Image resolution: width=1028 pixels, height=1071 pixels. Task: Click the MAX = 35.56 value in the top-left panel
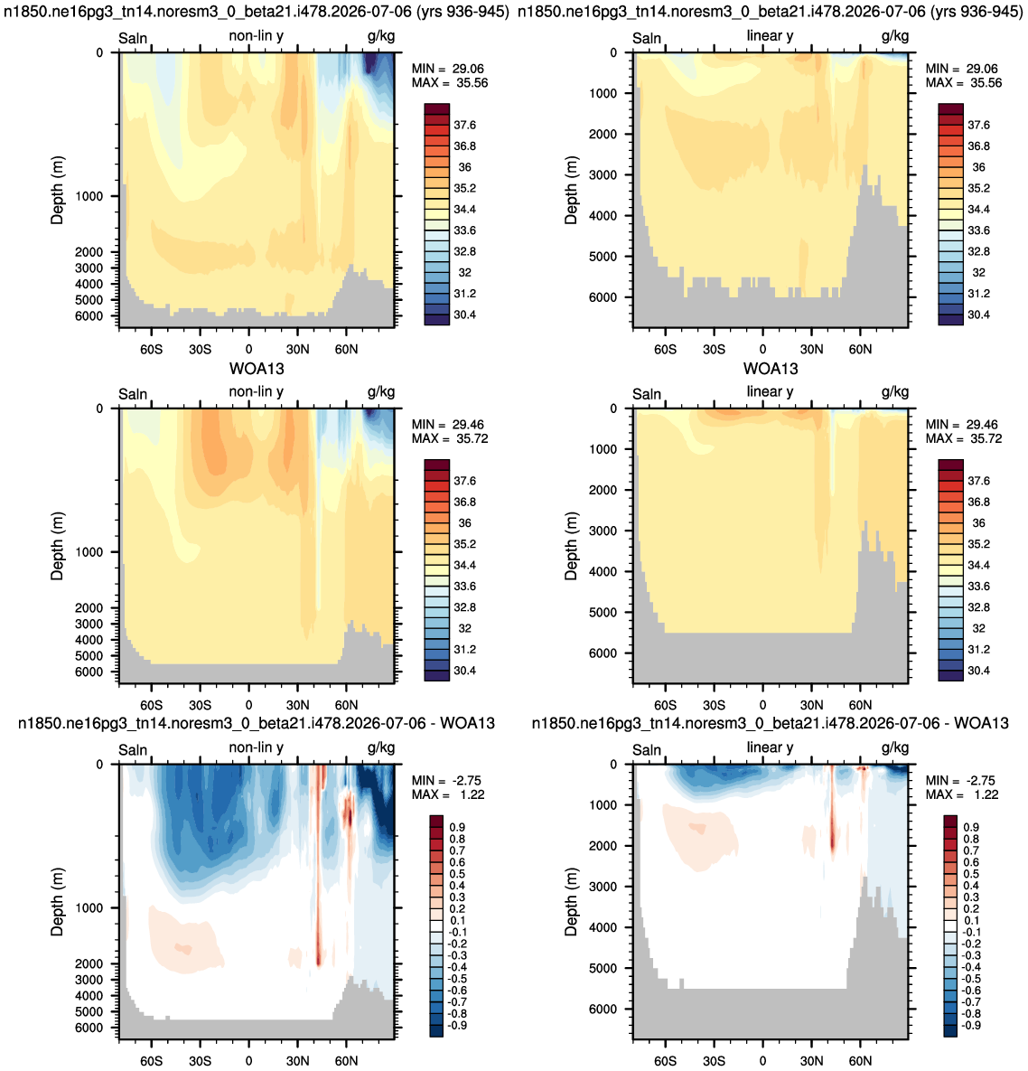click(x=450, y=82)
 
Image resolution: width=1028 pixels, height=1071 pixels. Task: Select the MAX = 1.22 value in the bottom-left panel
click(x=448, y=794)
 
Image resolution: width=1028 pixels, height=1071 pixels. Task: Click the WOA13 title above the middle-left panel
click(x=257, y=369)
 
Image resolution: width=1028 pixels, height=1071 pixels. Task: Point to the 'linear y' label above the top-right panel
click(x=770, y=35)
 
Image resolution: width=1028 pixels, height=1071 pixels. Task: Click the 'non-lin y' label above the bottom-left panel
click(x=256, y=748)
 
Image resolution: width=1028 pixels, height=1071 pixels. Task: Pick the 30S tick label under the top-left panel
click(x=200, y=350)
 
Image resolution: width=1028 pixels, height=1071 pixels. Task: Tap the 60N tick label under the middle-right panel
click(x=860, y=706)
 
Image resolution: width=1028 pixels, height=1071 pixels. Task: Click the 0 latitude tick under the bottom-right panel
click(x=762, y=1061)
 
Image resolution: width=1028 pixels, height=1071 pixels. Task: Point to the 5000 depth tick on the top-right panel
click(x=603, y=257)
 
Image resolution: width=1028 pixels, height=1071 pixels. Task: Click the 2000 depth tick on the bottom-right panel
click(x=603, y=846)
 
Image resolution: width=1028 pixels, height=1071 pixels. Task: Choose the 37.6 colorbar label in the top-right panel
click(x=978, y=125)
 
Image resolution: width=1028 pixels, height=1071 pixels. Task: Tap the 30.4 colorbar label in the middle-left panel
click(x=465, y=671)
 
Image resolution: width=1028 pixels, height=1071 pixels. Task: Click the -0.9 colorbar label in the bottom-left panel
click(x=458, y=1025)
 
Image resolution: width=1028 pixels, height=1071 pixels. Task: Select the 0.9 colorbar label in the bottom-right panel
click(x=971, y=827)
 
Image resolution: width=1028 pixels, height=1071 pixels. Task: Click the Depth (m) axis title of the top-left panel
click(x=57, y=190)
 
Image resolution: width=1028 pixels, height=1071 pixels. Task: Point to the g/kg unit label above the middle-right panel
click(x=895, y=392)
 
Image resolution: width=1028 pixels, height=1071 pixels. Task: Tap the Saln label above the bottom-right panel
click(x=647, y=750)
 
